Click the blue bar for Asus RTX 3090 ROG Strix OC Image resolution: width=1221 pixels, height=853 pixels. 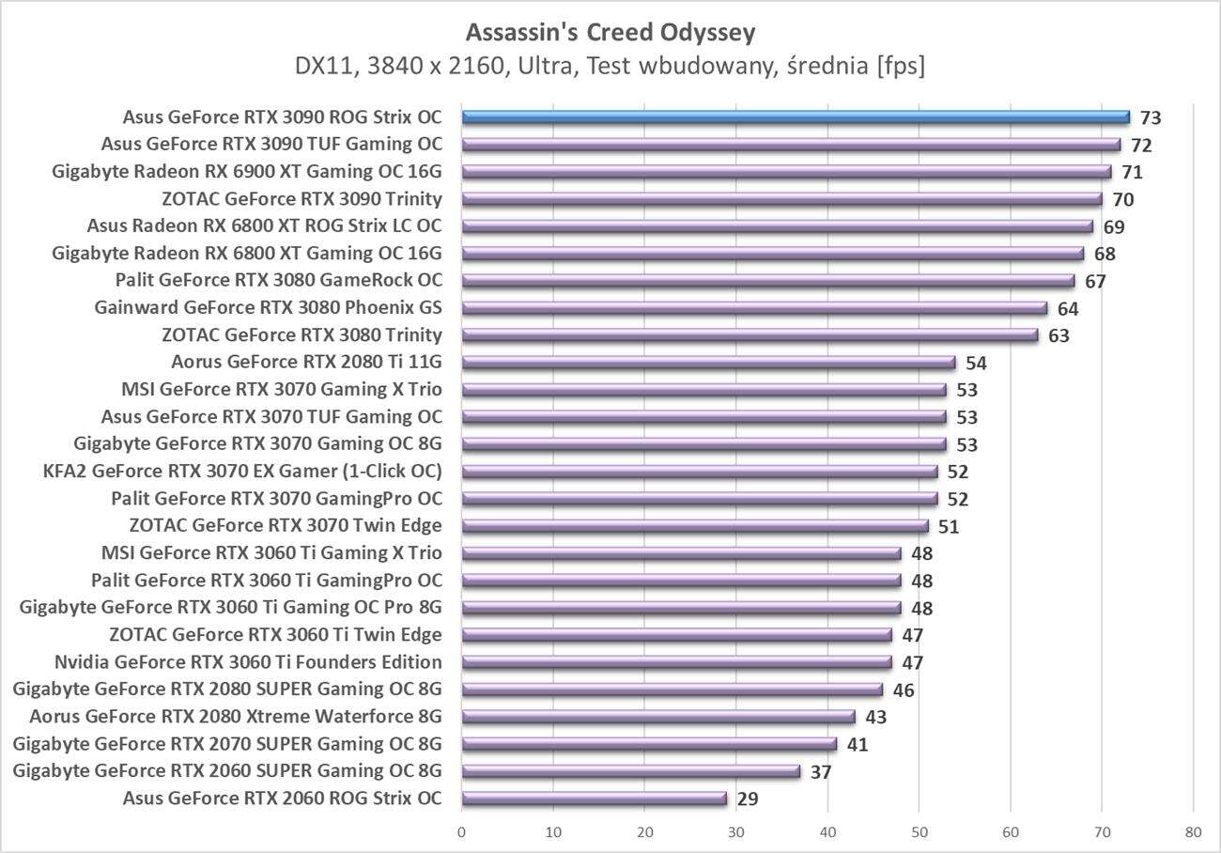[x=795, y=117]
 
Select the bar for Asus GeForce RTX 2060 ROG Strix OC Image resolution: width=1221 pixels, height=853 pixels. [x=594, y=799]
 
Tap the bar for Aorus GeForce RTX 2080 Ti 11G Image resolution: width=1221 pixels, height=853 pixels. [x=708, y=363]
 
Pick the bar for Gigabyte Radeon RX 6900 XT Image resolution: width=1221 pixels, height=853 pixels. [x=786, y=172]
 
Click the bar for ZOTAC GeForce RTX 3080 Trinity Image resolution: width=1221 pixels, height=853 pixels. [x=750, y=335]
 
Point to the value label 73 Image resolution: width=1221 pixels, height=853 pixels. [x=1151, y=118]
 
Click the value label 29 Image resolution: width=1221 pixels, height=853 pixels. [x=748, y=800]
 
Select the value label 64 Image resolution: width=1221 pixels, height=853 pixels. [x=1068, y=309]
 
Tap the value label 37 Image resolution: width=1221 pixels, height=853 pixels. [x=821, y=772]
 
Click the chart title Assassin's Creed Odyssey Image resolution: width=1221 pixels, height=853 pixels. [x=610, y=33]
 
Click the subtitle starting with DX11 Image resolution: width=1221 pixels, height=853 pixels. [x=610, y=67]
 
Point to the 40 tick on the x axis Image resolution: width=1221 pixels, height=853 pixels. [x=827, y=832]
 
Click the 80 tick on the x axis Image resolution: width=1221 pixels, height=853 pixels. [x=1193, y=832]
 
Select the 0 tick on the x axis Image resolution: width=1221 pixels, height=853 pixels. [x=462, y=832]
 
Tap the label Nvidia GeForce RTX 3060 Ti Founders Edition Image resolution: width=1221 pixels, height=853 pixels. [x=248, y=662]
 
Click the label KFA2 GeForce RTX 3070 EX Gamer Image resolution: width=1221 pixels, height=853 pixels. [x=242, y=472]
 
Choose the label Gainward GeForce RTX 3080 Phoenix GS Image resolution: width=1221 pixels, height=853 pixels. [x=268, y=307]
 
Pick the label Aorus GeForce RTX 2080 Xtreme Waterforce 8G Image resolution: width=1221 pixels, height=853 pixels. [x=235, y=717]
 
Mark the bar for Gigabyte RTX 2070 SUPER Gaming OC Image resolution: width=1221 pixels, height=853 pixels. [x=649, y=745]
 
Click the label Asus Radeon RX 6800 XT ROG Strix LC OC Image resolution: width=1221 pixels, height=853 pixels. [x=264, y=225]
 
